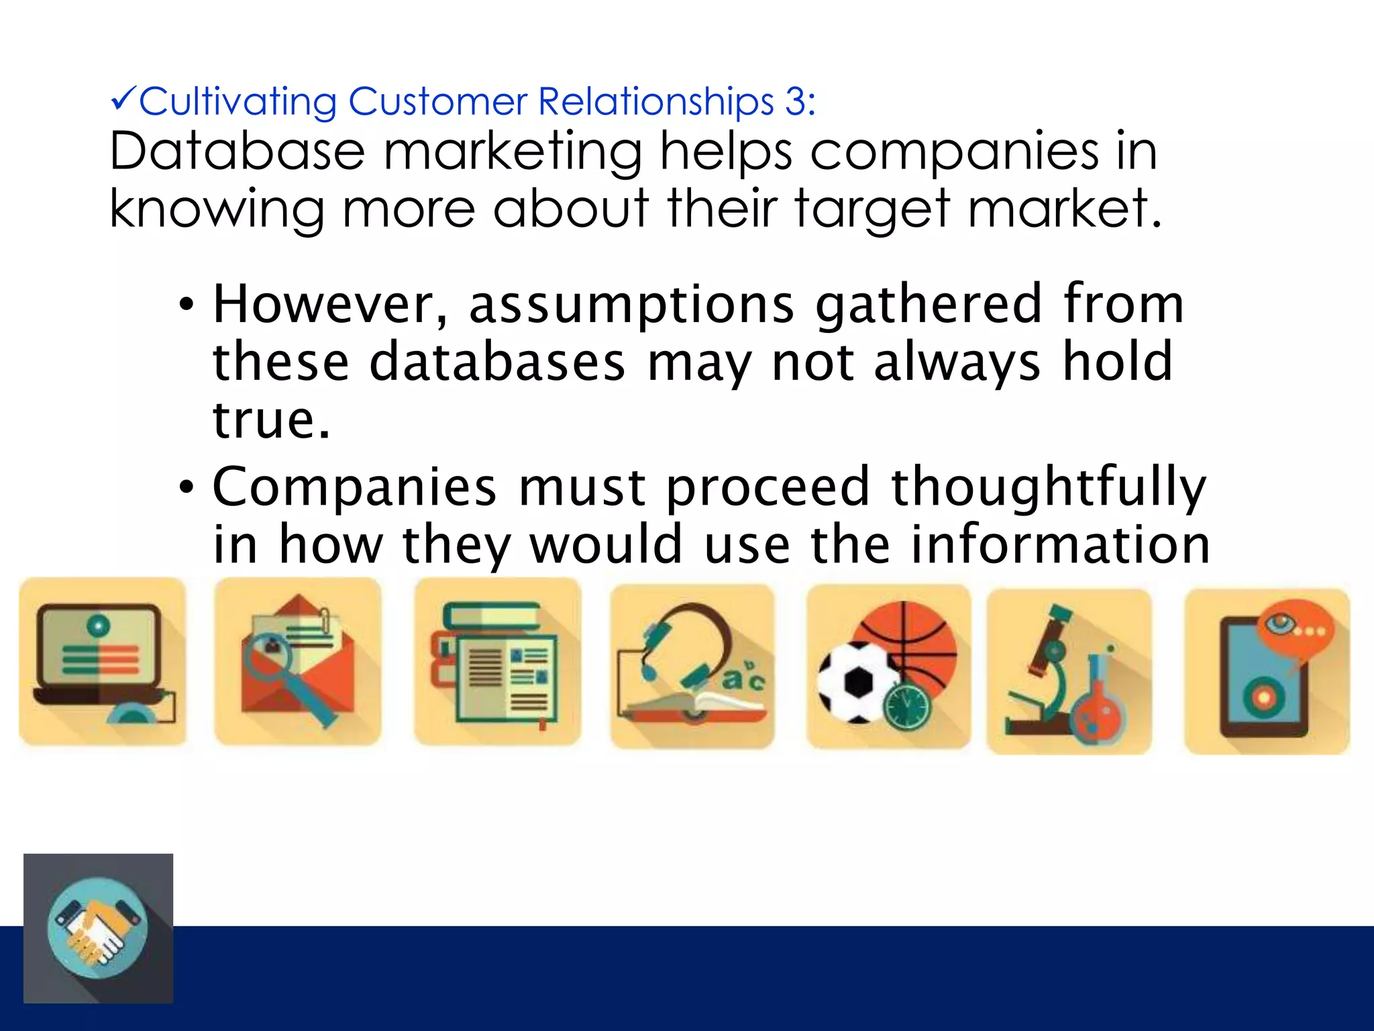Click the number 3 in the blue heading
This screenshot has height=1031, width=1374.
pyautogui.click(x=795, y=102)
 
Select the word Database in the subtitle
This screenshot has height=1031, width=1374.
pyautogui.click(x=237, y=151)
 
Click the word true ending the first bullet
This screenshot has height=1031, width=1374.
pyautogui.click(x=271, y=420)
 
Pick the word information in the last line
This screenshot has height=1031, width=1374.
pyautogui.click(x=1060, y=544)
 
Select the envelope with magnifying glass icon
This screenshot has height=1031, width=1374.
pyautogui.click(x=298, y=661)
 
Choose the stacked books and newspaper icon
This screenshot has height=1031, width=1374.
pyautogui.click(x=497, y=661)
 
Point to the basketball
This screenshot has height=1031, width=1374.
pyautogui.click(x=916, y=638)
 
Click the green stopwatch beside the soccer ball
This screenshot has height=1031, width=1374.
pyautogui.click(x=906, y=705)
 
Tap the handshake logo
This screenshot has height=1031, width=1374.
pyautogui.click(x=98, y=928)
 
